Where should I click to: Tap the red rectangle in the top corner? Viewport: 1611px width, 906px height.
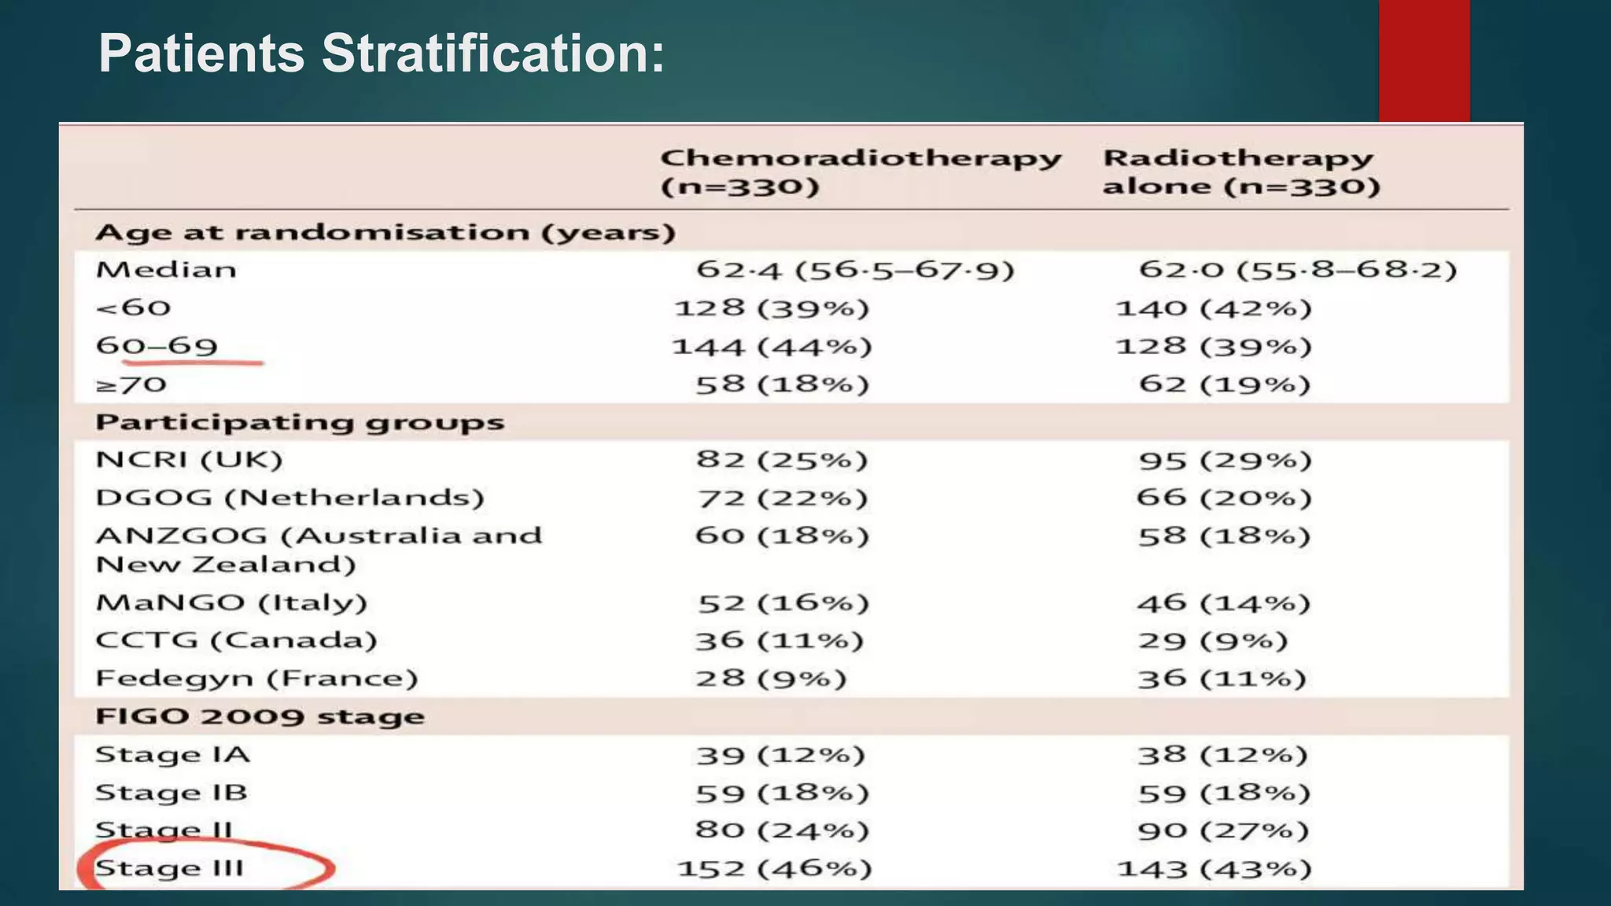pyautogui.click(x=1424, y=61)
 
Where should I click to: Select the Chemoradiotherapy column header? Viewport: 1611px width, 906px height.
pyautogui.click(x=861, y=171)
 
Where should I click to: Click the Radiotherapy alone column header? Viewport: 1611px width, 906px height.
pyautogui.click(x=1241, y=171)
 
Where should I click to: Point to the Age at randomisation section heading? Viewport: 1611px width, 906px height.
pyautogui.click(x=385, y=233)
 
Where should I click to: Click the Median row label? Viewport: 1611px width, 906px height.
pyautogui.click(x=166, y=270)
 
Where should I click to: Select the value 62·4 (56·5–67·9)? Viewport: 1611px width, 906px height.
pyautogui.click(x=855, y=270)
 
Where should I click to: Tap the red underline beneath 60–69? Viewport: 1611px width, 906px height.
pyautogui.click(x=193, y=363)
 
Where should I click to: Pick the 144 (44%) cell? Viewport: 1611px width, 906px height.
pyautogui.click(x=772, y=346)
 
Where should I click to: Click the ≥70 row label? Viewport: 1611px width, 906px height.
pyautogui.click(x=131, y=385)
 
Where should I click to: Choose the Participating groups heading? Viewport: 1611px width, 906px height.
pyautogui.click(x=300, y=422)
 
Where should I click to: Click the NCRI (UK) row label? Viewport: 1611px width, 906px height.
pyautogui.click(x=189, y=459)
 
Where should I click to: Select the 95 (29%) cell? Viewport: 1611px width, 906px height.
pyautogui.click(x=1225, y=459)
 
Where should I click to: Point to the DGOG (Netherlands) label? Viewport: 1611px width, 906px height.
pyautogui.click(x=289, y=498)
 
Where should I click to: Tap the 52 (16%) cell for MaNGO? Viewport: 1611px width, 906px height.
pyautogui.click(x=783, y=603)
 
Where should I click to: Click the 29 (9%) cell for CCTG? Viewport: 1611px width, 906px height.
pyautogui.click(x=1213, y=640)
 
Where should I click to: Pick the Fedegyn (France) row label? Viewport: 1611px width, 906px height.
pyautogui.click(x=256, y=678)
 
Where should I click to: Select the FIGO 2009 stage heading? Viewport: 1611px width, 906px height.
pyautogui.click(x=260, y=716)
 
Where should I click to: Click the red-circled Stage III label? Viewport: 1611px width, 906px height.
pyautogui.click(x=170, y=868)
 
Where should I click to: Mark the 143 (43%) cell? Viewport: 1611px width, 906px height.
pyautogui.click(x=1215, y=868)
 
